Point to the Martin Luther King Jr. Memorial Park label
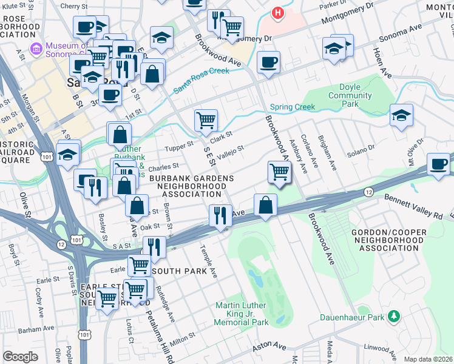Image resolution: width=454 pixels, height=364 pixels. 241,313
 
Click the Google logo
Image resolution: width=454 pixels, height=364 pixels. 20,357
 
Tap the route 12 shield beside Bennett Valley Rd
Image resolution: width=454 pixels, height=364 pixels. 368,192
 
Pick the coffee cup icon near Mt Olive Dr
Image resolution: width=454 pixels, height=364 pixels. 438,164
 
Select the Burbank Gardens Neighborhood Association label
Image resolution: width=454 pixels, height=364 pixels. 185,185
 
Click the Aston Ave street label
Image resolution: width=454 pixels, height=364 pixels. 270,346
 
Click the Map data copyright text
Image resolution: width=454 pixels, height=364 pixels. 428,359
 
